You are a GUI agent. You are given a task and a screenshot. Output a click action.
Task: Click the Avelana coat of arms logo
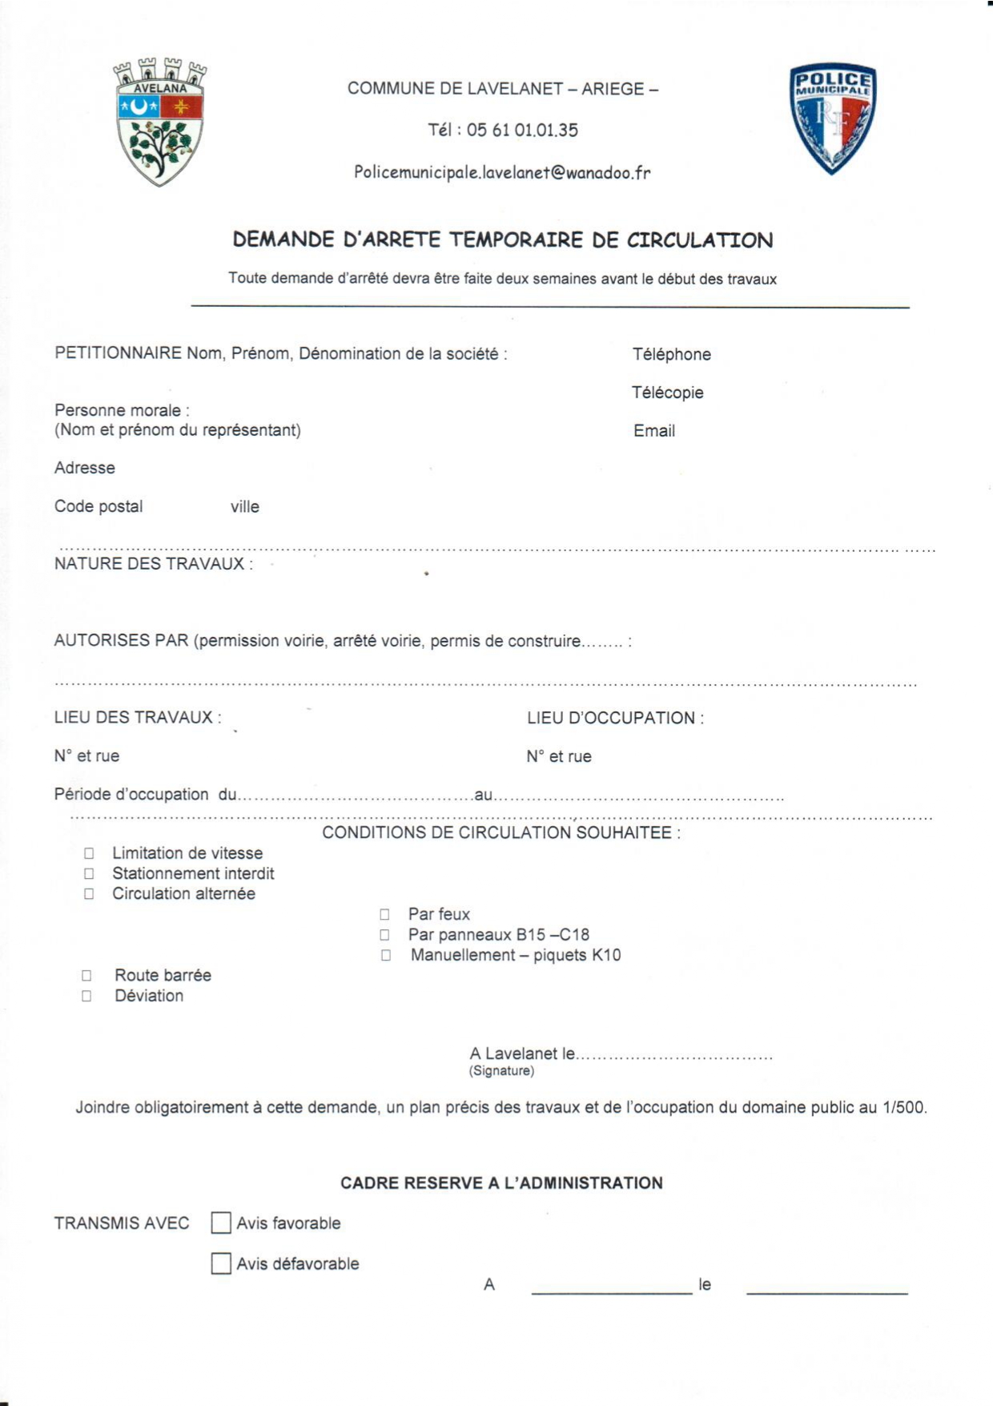(x=160, y=122)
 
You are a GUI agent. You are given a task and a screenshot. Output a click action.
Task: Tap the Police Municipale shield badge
(x=832, y=118)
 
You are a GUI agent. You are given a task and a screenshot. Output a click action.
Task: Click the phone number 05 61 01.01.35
(x=522, y=130)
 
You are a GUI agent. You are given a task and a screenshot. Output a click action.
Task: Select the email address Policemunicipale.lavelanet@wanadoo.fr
(x=502, y=172)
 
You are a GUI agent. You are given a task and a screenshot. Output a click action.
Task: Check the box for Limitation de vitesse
(x=89, y=853)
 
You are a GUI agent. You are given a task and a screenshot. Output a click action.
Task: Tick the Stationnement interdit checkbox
(x=89, y=873)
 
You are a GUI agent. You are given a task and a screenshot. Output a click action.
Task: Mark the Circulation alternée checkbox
(x=89, y=893)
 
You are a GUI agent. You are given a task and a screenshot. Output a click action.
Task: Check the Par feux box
(x=385, y=914)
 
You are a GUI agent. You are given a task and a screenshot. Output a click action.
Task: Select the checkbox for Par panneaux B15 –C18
(x=385, y=935)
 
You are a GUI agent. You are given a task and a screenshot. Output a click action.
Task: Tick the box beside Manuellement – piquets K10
(x=386, y=955)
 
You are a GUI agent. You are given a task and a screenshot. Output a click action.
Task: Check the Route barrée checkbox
(x=86, y=975)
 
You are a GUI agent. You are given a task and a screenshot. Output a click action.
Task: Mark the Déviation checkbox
(x=86, y=996)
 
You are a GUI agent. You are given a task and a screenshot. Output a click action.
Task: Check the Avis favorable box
(x=221, y=1223)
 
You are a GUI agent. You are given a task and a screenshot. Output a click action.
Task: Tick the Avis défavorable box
(x=221, y=1263)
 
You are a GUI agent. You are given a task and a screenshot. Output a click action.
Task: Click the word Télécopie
(x=667, y=393)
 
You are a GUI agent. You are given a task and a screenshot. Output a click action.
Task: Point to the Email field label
(x=654, y=431)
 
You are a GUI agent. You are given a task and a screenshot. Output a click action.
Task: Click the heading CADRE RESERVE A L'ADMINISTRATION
(x=501, y=1182)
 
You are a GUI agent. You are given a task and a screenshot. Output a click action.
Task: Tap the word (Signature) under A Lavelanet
(x=501, y=1071)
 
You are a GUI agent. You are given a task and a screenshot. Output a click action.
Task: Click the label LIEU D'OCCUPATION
(x=614, y=718)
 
